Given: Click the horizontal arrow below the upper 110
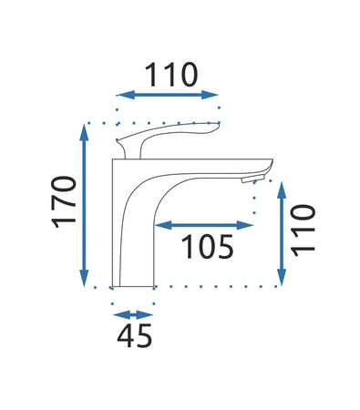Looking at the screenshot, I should (x=169, y=95).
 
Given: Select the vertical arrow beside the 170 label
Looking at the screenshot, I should (x=86, y=206).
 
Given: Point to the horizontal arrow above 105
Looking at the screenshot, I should (x=206, y=224).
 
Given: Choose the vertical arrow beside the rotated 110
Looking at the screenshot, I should (x=283, y=231).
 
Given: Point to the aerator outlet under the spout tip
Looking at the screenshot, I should (x=246, y=179).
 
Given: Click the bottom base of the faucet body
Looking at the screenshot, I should (x=133, y=283).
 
